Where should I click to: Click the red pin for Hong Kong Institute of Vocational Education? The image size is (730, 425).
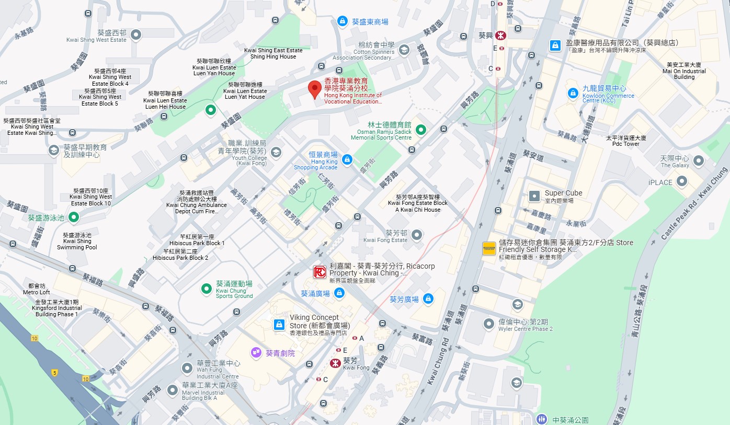(314, 89)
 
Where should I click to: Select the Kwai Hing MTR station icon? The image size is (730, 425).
(501, 36)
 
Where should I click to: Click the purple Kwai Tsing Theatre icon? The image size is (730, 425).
(256, 353)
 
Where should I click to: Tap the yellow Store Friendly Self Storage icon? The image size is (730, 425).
(489, 248)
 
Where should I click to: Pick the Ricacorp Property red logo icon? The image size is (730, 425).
(320, 272)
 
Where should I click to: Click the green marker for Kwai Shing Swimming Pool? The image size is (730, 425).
(74, 216)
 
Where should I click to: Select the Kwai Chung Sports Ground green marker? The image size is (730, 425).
(207, 288)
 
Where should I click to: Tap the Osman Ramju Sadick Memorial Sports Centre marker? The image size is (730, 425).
(420, 129)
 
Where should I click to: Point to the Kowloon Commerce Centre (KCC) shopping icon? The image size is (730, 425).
(573, 93)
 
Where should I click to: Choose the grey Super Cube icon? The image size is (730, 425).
(534, 196)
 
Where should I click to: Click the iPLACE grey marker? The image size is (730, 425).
(682, 181)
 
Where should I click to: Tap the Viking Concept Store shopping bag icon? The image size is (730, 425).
(279, 325)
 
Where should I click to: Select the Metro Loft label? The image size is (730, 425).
(37, 289)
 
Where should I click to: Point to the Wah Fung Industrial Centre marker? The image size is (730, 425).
(187, 369)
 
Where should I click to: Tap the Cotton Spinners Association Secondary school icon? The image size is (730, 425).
(404, 50)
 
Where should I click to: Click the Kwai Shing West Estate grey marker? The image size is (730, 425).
(136, 35)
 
